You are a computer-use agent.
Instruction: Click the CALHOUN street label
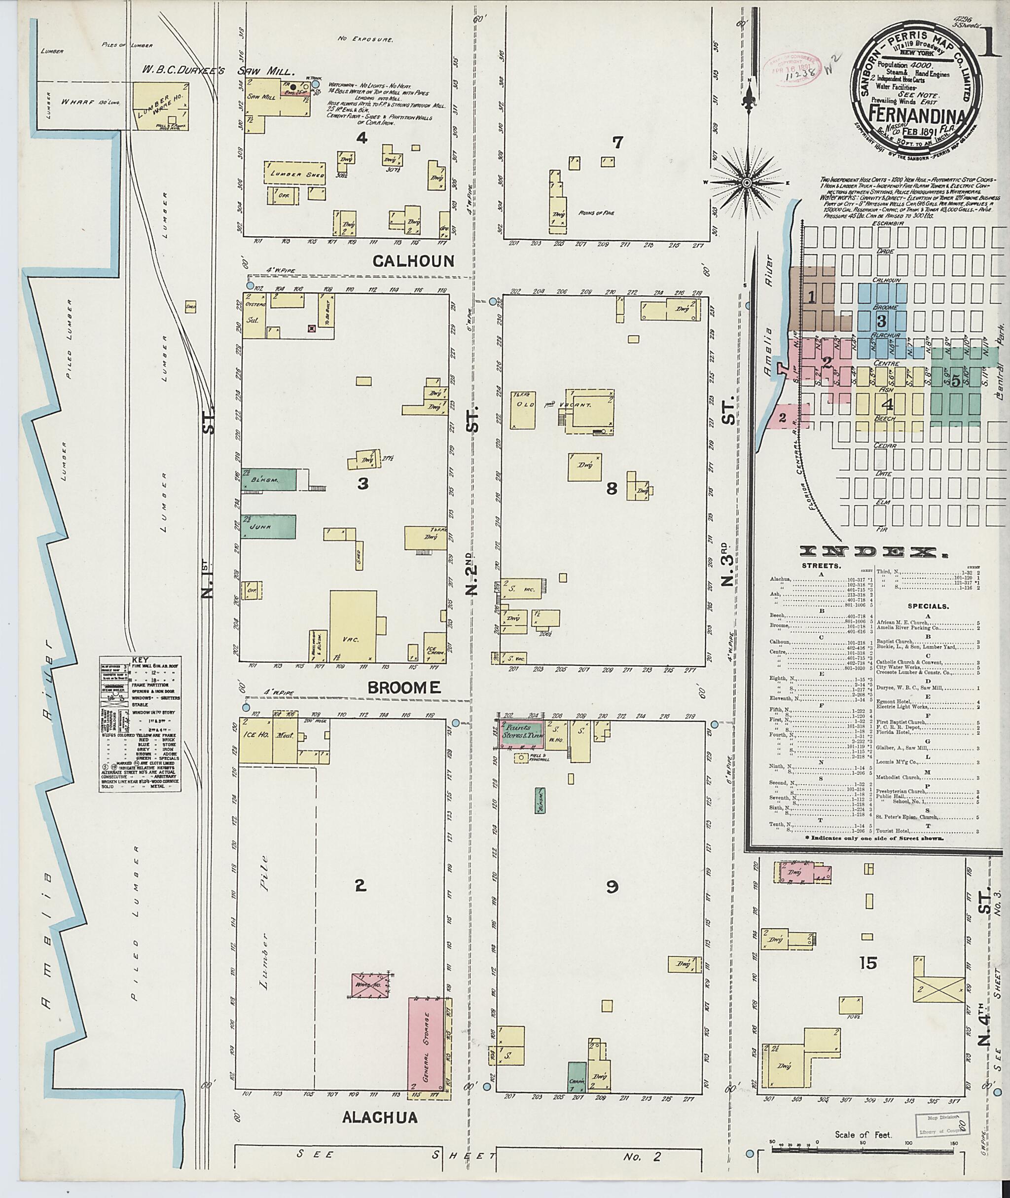point(413,261)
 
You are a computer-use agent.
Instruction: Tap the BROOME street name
point(404,688)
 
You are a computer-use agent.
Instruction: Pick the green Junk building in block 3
point(268,526)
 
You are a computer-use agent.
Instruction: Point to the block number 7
point(616,143)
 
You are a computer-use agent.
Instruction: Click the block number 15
point(868,963)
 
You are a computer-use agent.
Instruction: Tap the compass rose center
point(747,182)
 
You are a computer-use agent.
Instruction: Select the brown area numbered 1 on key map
point(811,297)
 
